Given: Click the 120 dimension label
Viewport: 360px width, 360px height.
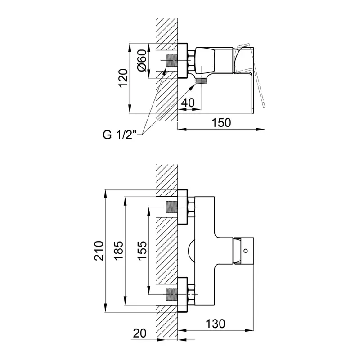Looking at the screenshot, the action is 123,78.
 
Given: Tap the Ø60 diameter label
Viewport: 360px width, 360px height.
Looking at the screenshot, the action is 142,60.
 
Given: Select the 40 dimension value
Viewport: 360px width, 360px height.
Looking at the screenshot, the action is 188,103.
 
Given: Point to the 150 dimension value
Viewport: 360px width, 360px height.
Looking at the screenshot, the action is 221,122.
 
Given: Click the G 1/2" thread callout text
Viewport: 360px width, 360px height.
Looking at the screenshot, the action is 120,135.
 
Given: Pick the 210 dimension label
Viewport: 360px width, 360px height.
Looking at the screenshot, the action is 99,251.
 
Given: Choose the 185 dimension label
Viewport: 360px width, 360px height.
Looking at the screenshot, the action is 119,251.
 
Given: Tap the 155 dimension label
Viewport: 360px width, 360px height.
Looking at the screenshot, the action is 142,251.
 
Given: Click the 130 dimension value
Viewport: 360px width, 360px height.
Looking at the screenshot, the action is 215,324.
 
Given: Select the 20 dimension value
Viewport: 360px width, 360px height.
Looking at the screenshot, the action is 139,333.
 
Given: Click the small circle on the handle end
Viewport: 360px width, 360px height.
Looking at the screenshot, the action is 246,251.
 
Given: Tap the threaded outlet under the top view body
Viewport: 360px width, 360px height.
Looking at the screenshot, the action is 201,81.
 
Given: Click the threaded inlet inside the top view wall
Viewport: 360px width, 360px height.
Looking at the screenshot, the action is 171,61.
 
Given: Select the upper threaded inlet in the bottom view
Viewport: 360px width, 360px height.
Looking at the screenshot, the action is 171,207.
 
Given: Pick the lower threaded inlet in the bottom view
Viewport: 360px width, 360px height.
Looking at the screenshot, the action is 171,294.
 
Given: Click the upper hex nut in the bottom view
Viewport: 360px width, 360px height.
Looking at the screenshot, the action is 191,207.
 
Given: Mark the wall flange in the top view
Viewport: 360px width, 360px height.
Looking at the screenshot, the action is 183,61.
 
